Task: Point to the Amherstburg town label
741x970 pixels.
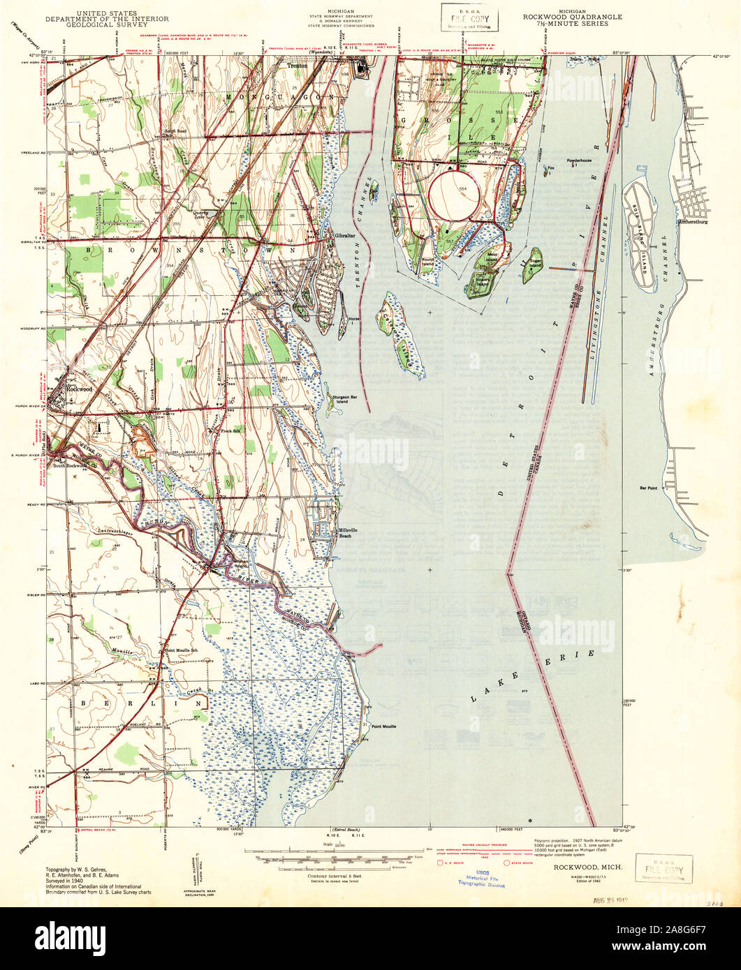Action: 694,223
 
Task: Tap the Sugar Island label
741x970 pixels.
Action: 534,264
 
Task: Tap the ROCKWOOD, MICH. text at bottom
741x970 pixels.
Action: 580,867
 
